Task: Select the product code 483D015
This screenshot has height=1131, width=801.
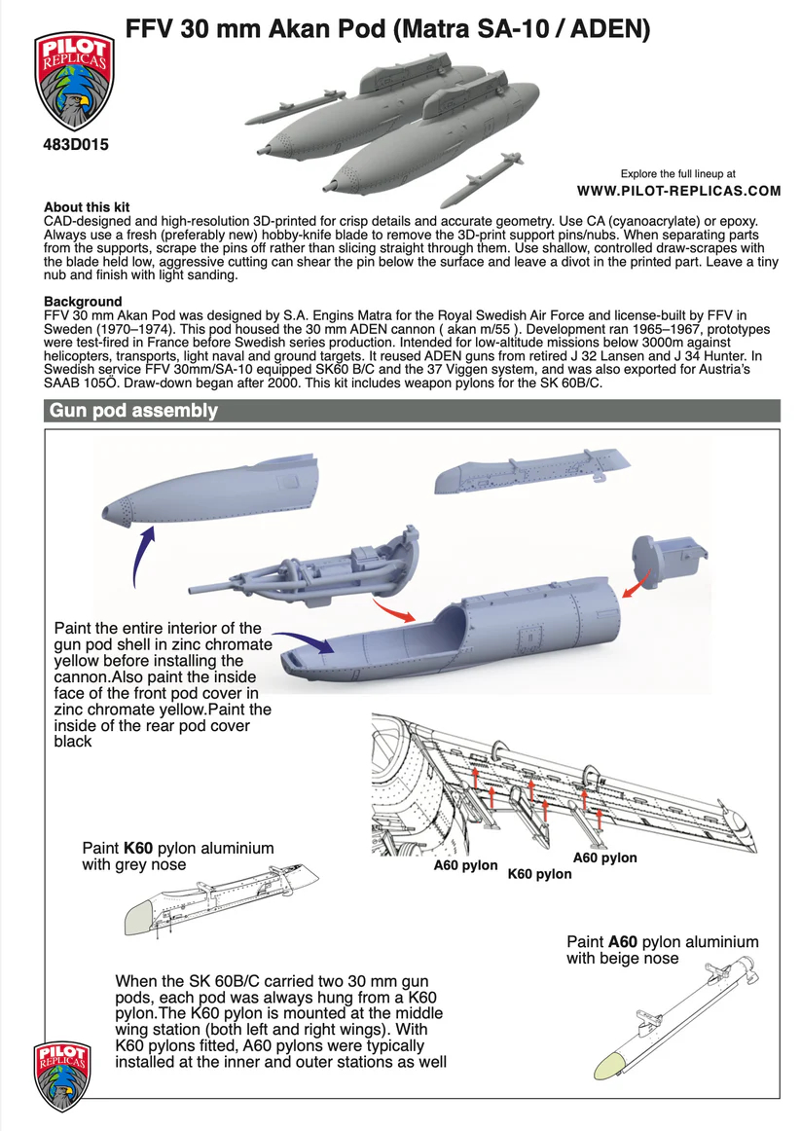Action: tap(75, 145)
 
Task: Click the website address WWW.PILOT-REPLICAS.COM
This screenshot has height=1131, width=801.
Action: tap(678, 191)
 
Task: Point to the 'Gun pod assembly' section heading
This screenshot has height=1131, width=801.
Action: tap(133, 411)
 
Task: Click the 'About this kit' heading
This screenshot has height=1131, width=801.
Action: tap(87, 208)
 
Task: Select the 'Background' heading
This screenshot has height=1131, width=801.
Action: tap(83, 302)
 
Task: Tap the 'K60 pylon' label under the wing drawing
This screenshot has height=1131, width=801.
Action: tap(539, 874)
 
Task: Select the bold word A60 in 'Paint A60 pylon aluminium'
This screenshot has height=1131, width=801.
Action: tap(623, 942)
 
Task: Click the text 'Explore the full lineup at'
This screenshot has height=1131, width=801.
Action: tap(677, 172)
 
